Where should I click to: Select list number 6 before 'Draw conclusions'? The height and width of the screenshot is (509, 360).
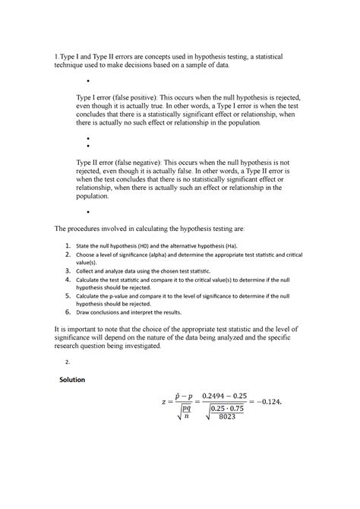(x=68, y=311)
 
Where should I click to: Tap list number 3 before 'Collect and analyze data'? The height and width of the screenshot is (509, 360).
(x=68, y=271)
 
